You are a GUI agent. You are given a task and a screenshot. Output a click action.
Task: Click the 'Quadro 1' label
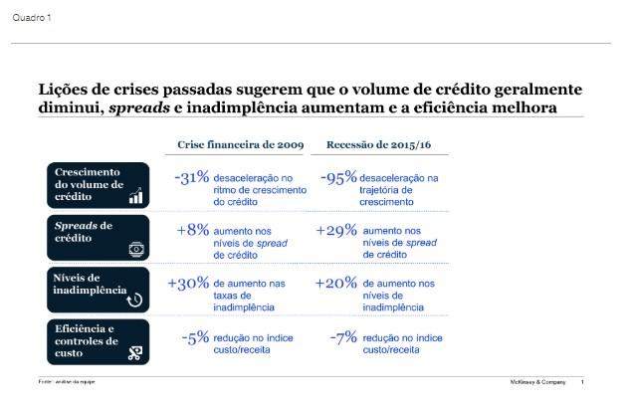(32, 18)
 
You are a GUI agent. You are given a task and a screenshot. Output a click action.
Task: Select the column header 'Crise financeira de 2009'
(240, 145)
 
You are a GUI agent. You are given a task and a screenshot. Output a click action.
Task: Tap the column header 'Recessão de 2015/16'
(378, 145)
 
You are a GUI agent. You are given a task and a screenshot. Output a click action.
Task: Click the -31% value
(191, 177)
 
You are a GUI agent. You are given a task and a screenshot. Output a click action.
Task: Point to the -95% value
(337, 177)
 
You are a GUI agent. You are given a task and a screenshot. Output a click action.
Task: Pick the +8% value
(193, 230)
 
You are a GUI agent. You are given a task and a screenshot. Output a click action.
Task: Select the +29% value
(335, 230)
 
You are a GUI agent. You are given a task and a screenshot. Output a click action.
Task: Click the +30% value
(188, 284)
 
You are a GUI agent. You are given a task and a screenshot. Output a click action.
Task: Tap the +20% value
(335, 284)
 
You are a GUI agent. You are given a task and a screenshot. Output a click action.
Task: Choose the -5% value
(196, 337)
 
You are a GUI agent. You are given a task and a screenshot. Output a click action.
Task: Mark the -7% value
(342, 337)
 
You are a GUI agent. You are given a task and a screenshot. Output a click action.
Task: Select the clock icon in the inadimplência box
(135, 299)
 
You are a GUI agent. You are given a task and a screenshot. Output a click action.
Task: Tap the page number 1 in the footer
(582, 382)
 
